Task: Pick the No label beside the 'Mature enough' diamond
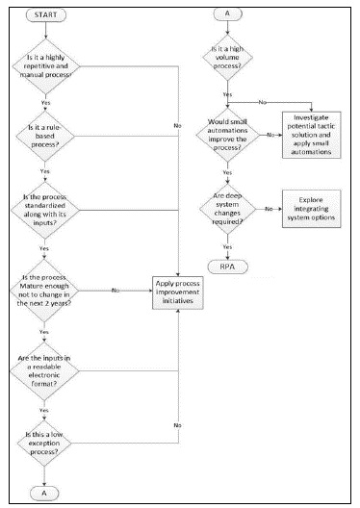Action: [x=116, y=289]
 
